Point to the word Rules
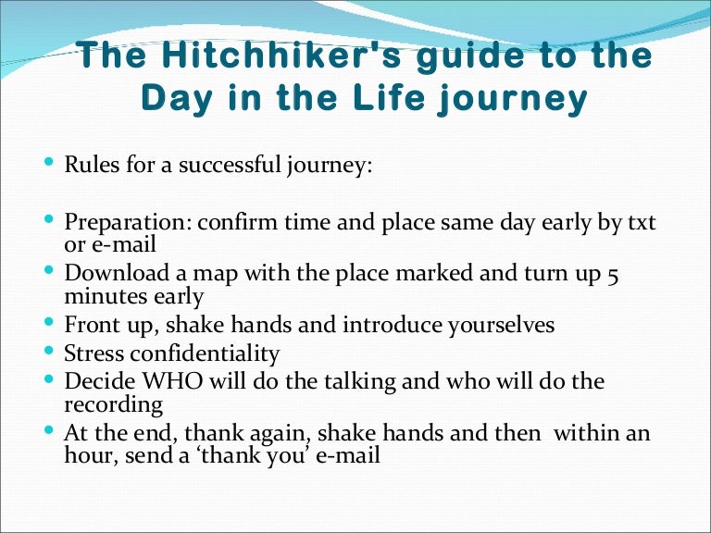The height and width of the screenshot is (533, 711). [x=87, y=167]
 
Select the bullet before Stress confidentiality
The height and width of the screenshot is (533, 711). [x=49, y=351]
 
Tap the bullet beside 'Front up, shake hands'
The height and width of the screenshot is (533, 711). [x=49, y=323]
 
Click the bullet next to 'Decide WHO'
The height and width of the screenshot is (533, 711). [x=49, y=378]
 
